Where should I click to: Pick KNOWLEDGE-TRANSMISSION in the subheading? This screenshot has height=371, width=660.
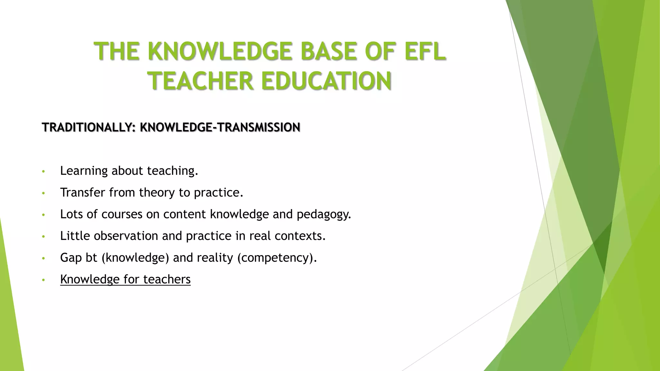pos(220,128)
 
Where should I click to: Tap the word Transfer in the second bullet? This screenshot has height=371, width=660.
pos(82,193)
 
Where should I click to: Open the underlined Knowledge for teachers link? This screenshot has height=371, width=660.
pos(125,279)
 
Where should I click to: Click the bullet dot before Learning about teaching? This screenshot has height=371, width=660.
pos(44,171)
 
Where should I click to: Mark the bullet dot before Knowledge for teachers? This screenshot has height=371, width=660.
pos(44,280)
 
